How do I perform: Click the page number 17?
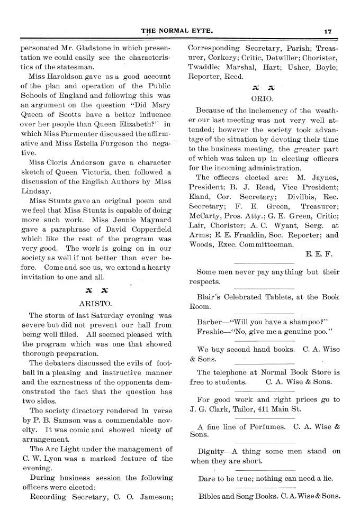click(328, 31)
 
